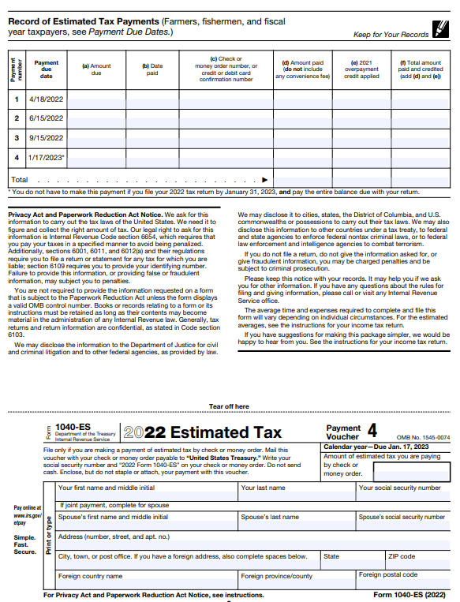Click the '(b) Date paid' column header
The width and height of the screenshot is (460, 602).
click(152, 69)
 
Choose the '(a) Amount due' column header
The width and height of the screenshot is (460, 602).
click(96, 69)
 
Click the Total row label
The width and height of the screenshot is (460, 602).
click(20, 180)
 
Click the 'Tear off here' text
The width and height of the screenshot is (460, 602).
click(229, 406)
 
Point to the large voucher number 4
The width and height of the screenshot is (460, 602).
click(372, 431)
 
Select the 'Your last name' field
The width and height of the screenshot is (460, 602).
click(296, 493)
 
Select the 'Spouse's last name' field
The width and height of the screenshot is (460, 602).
click(296, 522)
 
